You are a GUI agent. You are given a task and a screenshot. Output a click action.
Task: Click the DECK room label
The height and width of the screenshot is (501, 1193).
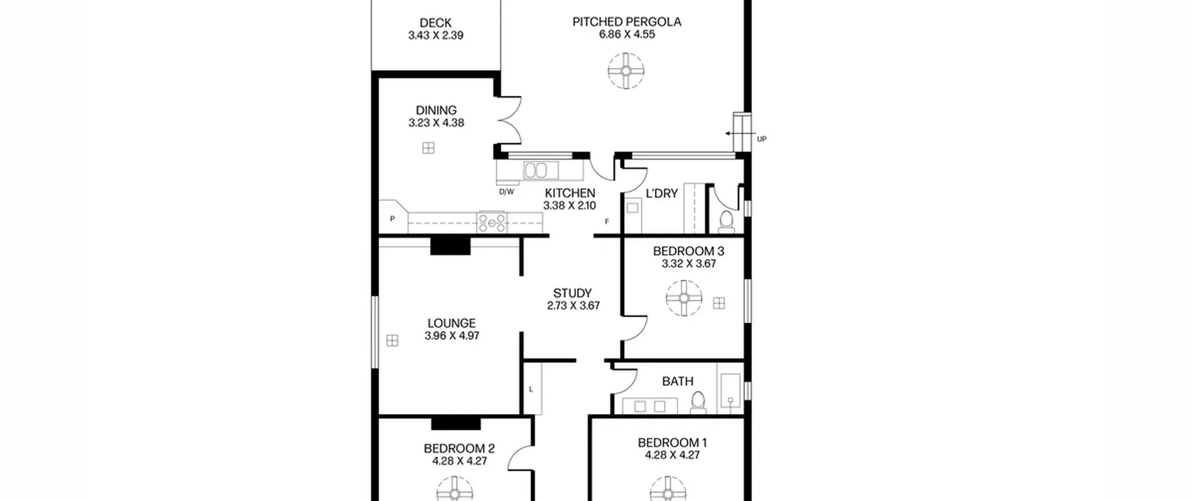435,23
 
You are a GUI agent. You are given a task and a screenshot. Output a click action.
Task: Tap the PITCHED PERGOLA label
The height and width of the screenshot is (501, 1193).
627,22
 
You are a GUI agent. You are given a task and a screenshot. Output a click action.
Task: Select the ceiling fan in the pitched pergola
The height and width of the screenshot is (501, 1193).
626,71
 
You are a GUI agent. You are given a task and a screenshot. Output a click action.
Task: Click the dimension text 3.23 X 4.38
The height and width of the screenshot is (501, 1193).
436,123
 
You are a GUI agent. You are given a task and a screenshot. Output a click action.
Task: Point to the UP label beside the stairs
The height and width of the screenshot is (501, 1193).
761,139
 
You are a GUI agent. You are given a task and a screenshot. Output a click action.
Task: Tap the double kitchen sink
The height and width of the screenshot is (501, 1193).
541,170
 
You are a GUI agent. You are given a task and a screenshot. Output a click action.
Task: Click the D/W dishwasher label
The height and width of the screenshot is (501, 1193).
507,192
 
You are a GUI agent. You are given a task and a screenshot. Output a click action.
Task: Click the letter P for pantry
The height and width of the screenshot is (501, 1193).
392,219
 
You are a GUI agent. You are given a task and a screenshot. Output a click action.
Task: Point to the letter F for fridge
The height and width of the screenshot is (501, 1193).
607,222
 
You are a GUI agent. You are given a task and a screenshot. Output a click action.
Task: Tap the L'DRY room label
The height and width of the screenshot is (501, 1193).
662,193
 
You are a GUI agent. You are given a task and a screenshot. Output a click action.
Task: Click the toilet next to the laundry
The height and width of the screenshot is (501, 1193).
726,221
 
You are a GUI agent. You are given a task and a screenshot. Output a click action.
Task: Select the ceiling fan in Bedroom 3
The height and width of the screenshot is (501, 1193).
684,298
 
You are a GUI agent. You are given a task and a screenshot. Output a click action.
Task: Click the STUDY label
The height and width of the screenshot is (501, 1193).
572,293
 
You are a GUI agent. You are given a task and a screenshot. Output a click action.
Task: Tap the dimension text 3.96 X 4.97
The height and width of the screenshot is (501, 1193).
452,336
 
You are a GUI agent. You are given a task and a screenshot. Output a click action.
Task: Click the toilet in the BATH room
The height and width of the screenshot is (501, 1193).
698,403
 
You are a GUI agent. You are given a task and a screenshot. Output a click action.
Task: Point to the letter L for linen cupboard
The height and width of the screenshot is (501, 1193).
531,390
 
